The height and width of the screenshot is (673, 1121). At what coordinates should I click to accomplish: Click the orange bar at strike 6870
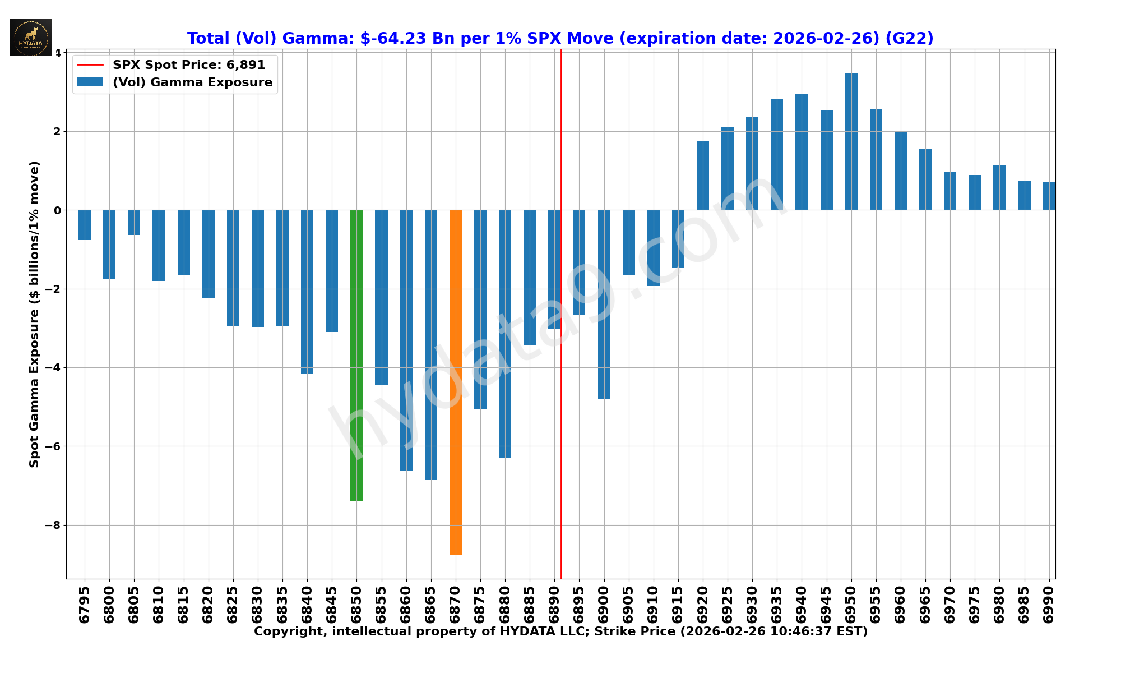(455, 381)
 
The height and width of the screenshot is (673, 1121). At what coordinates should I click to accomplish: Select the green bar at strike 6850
(356, 355)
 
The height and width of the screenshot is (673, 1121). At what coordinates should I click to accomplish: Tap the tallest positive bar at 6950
(851, 141)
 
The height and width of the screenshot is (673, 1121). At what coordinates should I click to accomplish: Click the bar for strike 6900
(604, 305)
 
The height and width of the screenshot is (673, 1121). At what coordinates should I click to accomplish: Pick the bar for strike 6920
(702, 176)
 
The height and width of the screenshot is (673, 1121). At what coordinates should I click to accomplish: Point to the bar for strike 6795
(85, 225)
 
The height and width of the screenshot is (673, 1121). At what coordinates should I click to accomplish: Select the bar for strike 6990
(1049, 196)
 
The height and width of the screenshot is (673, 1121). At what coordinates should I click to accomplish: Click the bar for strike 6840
(307, 292)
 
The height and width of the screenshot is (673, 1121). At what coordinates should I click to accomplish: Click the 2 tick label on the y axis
(57, 132)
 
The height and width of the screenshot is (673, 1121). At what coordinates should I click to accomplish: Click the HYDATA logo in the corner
(31, 37)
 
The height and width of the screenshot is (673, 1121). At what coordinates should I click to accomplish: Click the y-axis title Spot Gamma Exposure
(35, 314)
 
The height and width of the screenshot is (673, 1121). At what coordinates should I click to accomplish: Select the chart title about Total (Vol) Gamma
(560, 38)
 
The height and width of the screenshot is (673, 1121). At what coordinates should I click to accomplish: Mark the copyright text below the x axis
(560, 631)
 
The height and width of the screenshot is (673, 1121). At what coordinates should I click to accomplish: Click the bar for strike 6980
(999, 188)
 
